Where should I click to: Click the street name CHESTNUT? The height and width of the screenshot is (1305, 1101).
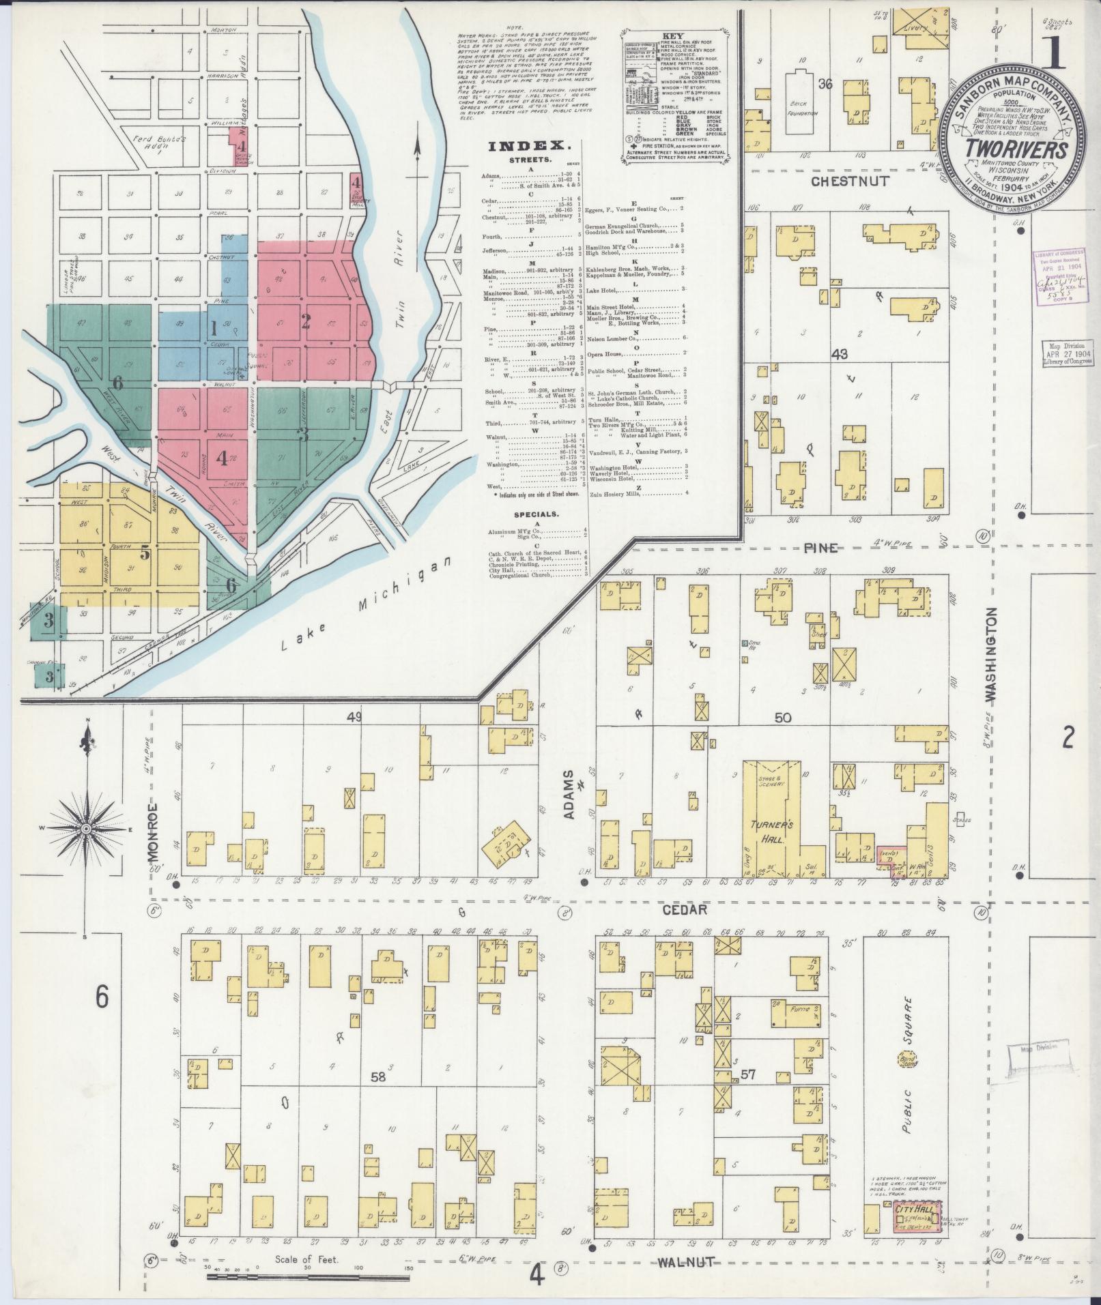[x=850, y=181]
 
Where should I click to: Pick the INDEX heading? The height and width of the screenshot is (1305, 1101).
[x=528, y=145]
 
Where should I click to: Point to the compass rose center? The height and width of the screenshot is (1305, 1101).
[x=86, y=828]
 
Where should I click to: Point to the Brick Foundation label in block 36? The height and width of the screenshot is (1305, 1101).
[x=801, y=109]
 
